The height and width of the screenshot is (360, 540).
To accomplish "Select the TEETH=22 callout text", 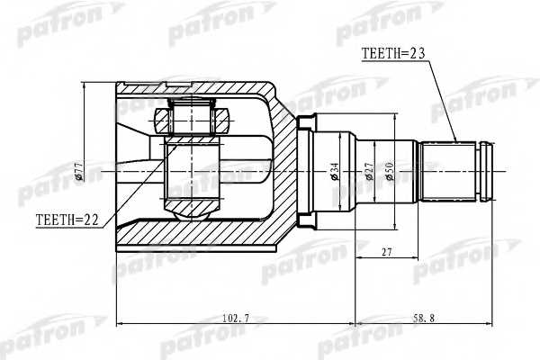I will [x=67, y=219].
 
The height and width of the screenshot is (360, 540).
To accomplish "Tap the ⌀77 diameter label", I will [x=79, y=171].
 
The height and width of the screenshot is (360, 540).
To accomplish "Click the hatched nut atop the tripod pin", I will [x=191, y=117].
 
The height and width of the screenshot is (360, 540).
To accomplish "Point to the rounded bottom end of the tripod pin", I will [x=190, y=210].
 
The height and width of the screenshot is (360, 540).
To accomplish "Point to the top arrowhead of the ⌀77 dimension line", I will [x=85, y=85].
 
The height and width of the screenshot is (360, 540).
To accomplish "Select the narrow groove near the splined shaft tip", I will [x=481, y=171].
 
